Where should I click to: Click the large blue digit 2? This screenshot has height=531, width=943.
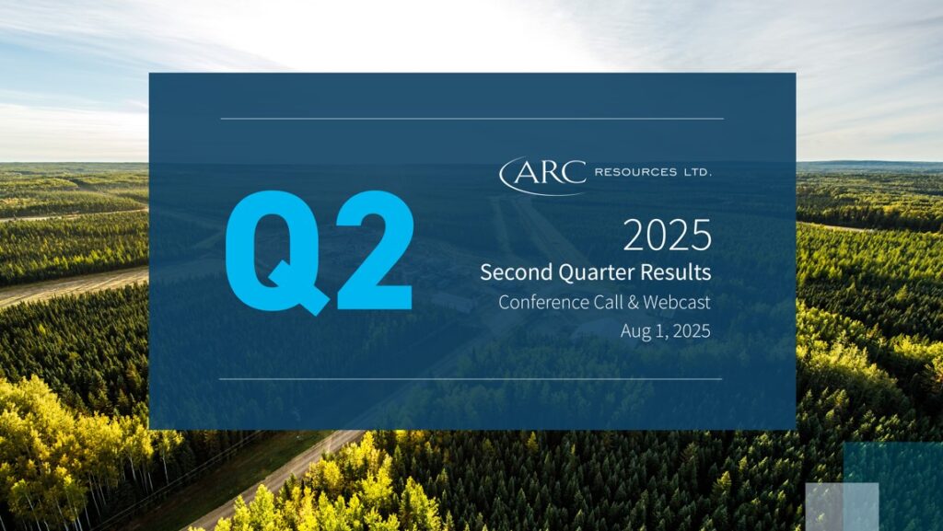coord(375,250)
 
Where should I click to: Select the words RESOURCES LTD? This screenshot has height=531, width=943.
coord(653,172)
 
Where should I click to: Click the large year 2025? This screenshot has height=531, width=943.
coord(667,235)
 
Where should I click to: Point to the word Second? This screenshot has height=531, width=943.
coord(517,272)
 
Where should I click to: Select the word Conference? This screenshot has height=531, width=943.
coord(543,302)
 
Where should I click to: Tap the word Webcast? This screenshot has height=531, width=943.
coord(677,302)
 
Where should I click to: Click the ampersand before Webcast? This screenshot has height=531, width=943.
coord(633,302)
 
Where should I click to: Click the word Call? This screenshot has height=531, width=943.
coord(608,302)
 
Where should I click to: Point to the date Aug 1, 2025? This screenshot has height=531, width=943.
coord(666,331)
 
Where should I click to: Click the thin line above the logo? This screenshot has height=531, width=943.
coord(472,119)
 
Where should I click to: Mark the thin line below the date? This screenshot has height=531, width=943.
coord(471,379)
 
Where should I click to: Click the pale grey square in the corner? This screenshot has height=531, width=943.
coord(842,506)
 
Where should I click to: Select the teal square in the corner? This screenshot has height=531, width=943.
coord(893,487)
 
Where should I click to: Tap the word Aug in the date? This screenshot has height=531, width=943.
coord(635,331)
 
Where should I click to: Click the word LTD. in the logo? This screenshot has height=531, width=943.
coord(697,172)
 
